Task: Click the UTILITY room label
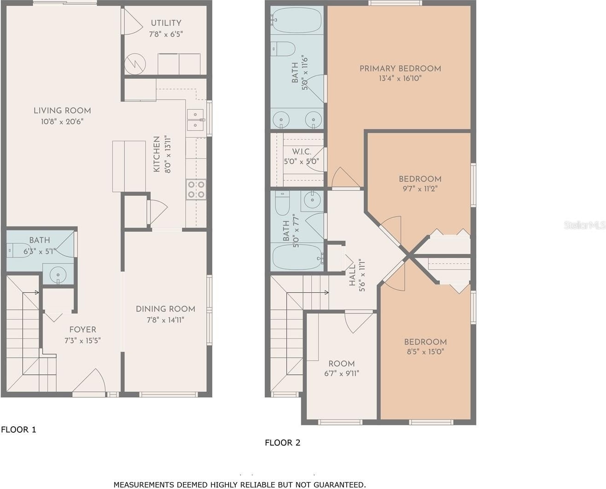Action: point(166,23)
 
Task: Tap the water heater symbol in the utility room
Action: point(135,64)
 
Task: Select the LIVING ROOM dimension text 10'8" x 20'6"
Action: point(62,122)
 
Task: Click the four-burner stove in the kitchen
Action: point(196,189)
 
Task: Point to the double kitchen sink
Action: point(195,120)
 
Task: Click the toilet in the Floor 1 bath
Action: point(18,250)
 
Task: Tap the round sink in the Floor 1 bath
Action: point(58,274)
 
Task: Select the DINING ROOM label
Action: point(166,309)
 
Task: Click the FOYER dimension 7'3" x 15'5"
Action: point(82,341)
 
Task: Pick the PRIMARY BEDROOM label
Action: point(400,69)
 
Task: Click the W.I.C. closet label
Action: point(302,152)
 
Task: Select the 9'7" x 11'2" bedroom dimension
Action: point(420,189)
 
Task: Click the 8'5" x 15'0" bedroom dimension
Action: point(425,352)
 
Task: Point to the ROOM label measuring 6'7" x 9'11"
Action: point(342,363)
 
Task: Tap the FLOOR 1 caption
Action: point(18,430)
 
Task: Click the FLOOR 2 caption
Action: point(283,442)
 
